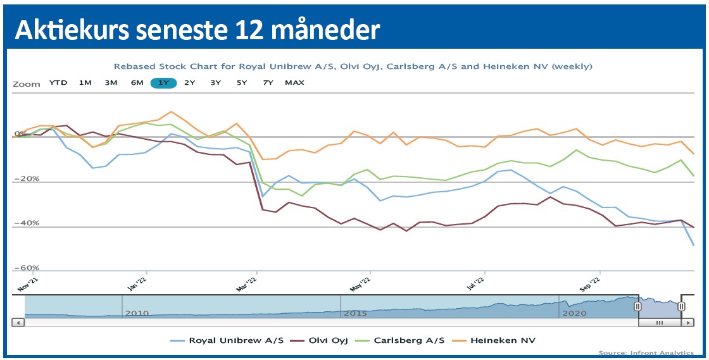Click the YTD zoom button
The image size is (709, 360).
(58, 83)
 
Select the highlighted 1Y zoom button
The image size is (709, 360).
(163, 83)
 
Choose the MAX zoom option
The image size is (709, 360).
(294, 83)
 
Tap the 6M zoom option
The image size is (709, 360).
(137, 83)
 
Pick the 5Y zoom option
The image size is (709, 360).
(242, 83)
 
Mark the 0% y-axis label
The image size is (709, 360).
(20, 134)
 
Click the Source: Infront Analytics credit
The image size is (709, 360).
(646, 352)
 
